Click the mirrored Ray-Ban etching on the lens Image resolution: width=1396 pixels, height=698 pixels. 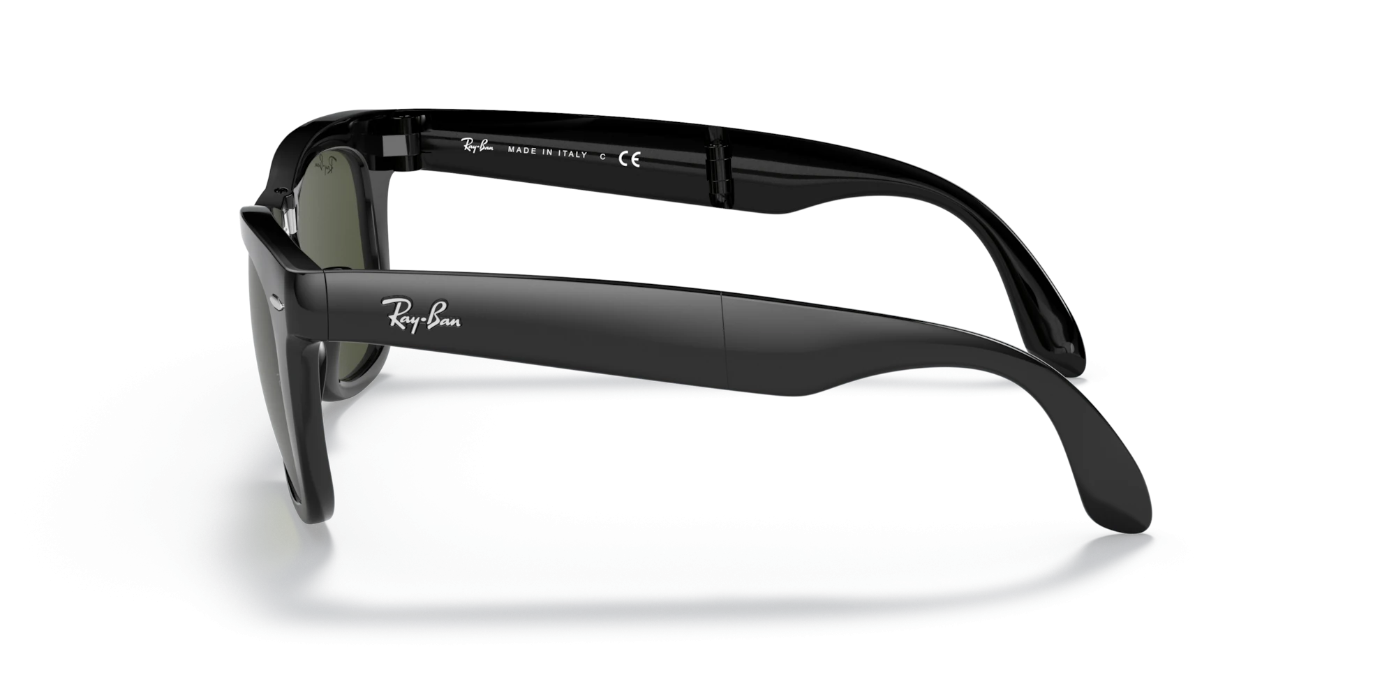(325, 168)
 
